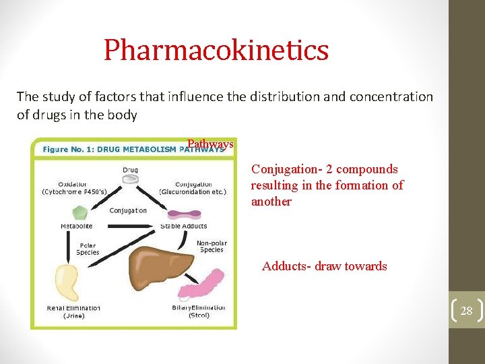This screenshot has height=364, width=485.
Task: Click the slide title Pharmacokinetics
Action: (x=216, y=50)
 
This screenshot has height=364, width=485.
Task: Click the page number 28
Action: (x=466, y=311)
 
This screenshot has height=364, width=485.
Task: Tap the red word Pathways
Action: (x=210, y=144)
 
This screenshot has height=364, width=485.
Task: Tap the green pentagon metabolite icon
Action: (x=80, y=212)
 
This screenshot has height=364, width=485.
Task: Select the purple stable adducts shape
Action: (x=183, y=214)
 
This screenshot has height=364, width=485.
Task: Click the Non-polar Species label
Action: (x=211, y=247)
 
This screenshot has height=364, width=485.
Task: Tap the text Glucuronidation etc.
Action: (x=193, y=191)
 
